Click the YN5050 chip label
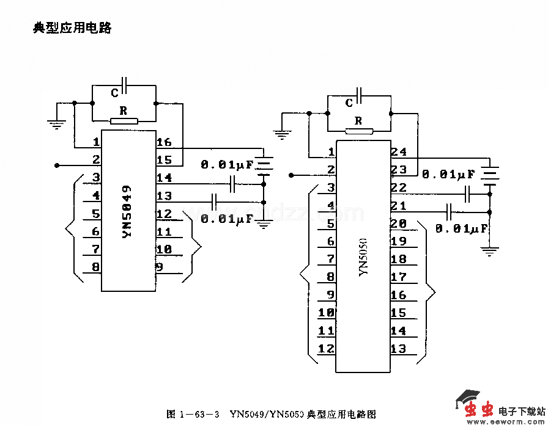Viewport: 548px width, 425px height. (364, 257)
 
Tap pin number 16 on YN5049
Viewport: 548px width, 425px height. (164, 142)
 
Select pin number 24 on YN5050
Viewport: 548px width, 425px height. (399, 152)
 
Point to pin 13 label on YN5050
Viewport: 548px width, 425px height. (398, 349)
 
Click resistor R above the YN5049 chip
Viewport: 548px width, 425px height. (124, 120)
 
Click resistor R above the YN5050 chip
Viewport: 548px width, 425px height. (359, 131)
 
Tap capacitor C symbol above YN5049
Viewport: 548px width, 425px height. (124, 85)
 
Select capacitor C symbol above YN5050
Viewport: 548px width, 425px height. (359, 95)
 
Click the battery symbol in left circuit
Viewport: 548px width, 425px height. (264, 165)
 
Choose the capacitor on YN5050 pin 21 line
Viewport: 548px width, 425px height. (450, 212)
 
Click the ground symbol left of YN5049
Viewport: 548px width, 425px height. (57, 125)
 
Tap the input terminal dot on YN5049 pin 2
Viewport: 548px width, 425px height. (57, 165)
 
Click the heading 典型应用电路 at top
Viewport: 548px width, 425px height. (72, 28)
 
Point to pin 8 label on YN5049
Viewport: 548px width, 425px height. (96, 266)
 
